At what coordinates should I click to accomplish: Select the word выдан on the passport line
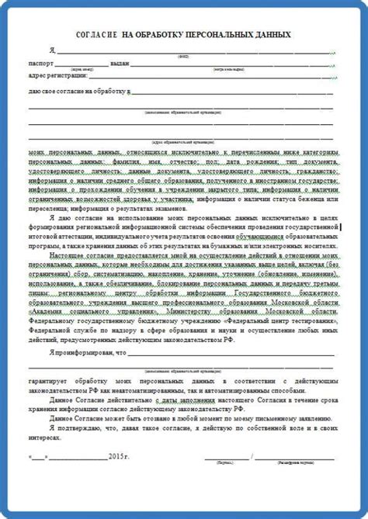[120, 62]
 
